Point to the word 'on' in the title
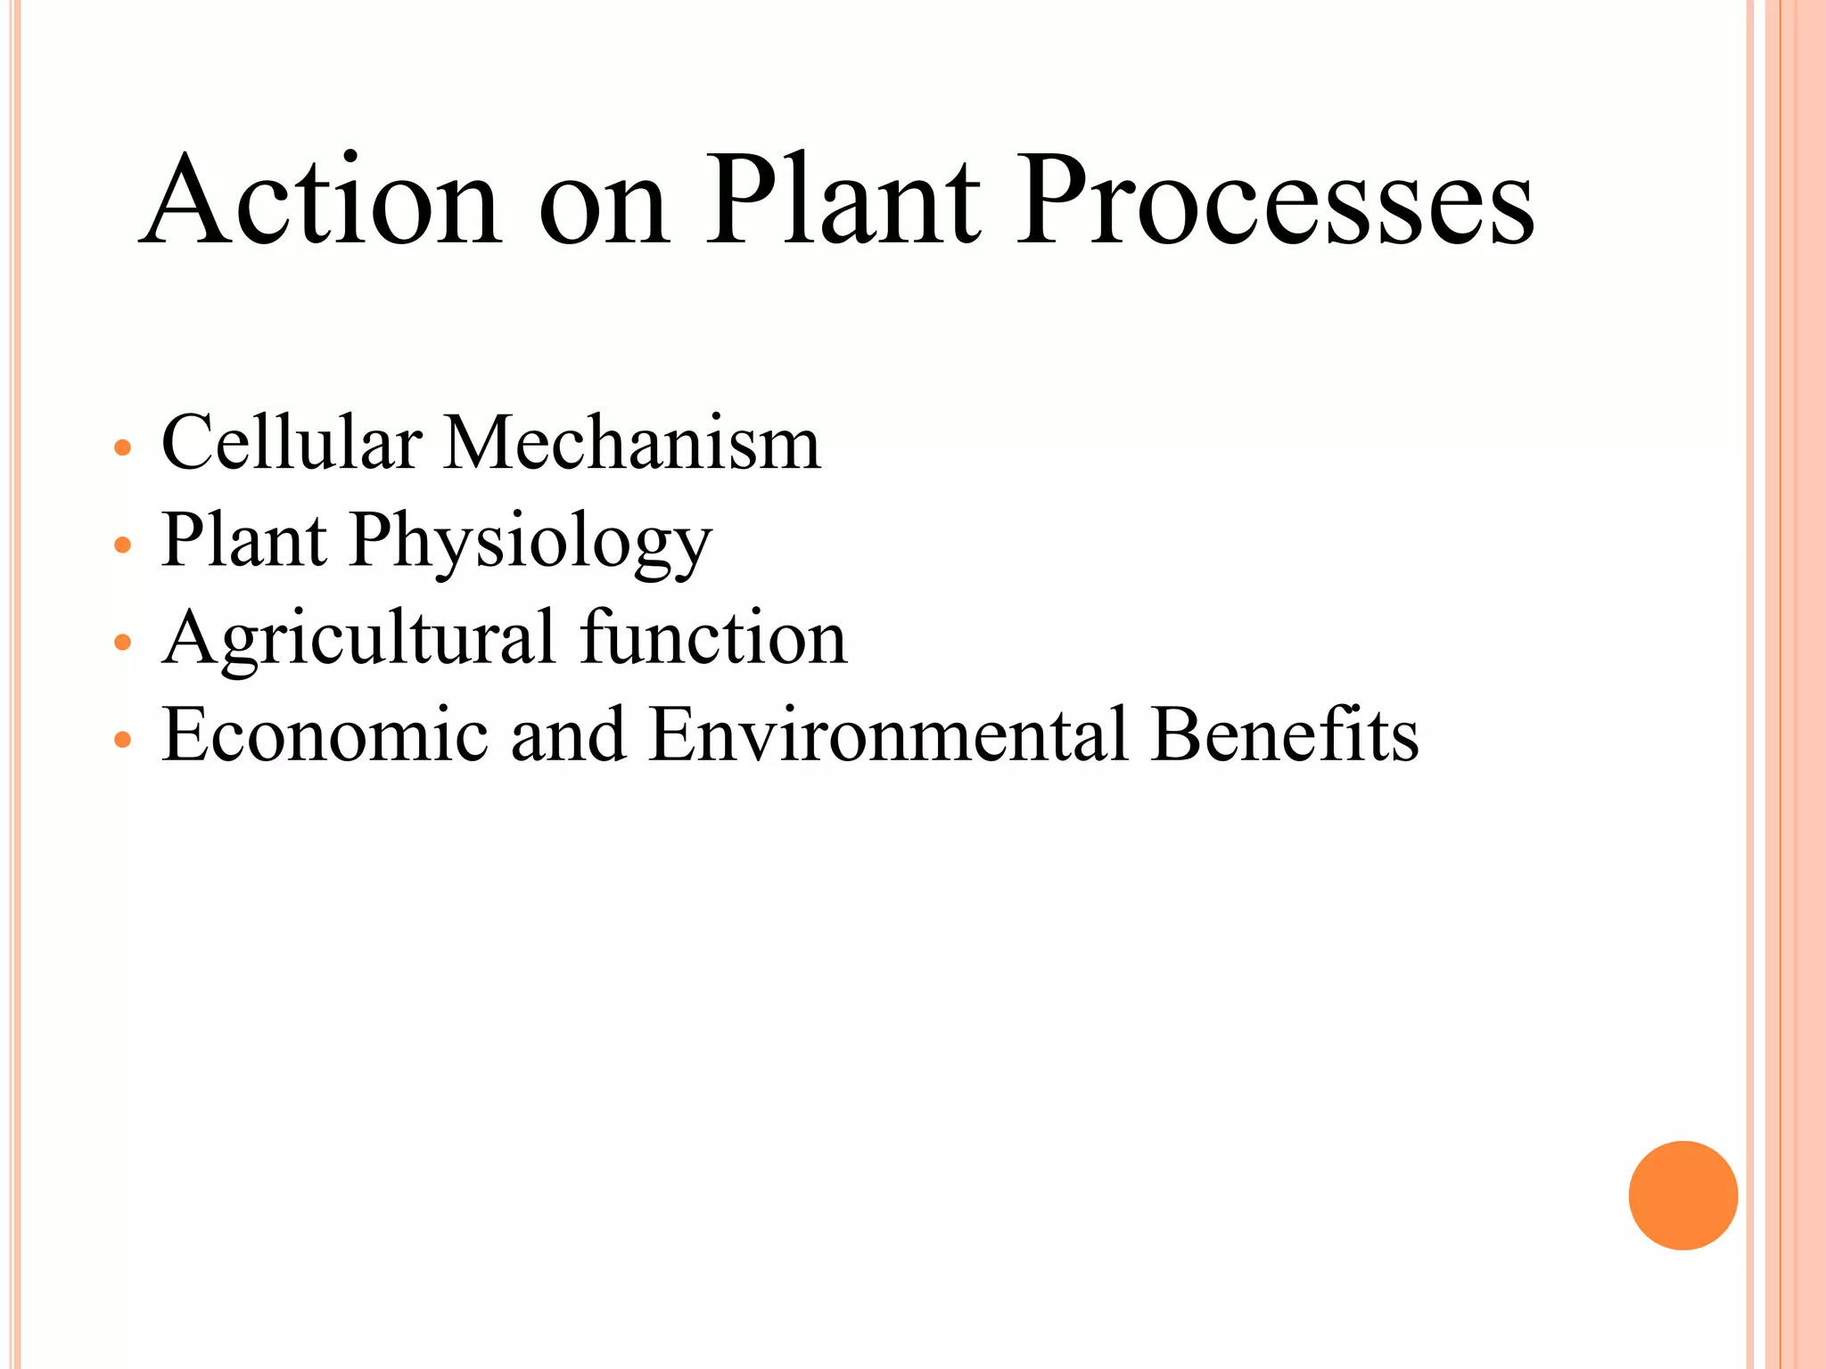(604, 209)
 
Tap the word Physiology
(531, 542)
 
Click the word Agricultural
(358, 640)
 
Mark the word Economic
(325, 735)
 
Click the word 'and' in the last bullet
(568, 735)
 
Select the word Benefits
(1284, 735)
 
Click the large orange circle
(1682, 1195)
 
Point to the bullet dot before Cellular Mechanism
(123, 447)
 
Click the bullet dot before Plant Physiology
(123, 545)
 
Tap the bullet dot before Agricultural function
(123, 642)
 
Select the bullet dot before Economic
(123, 739)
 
